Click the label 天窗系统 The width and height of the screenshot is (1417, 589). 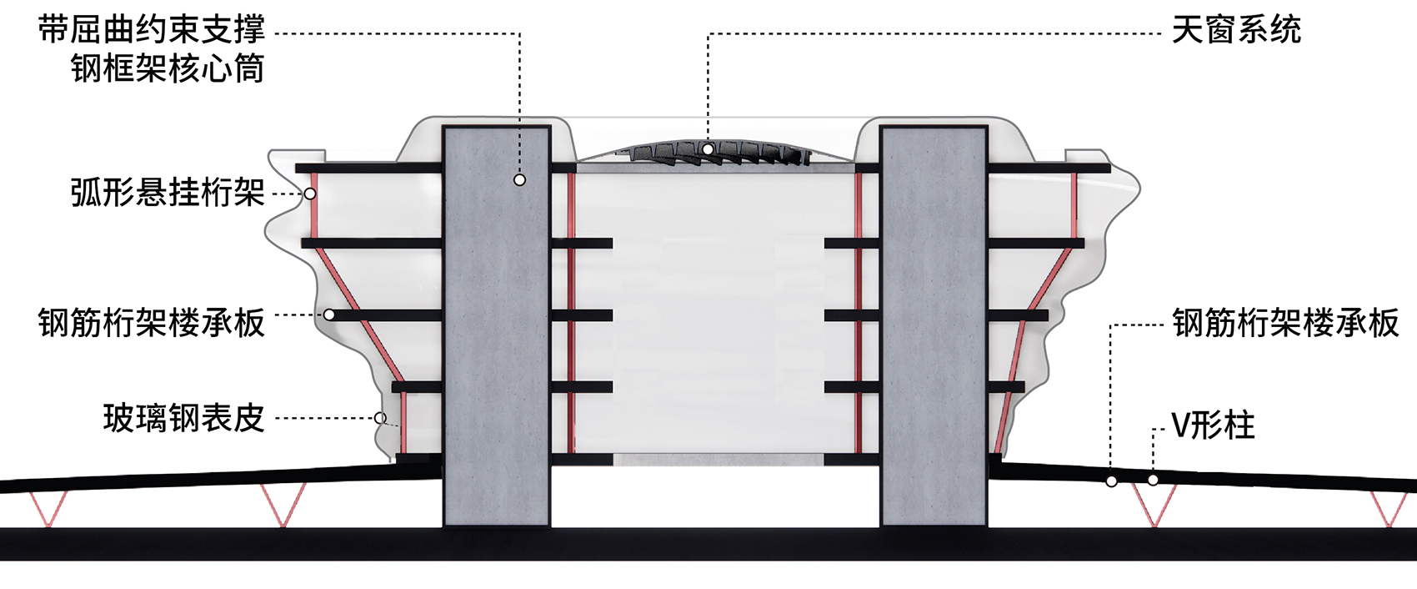point(1237,30)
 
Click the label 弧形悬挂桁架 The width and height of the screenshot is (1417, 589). point(168,193)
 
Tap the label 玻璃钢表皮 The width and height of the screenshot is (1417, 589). point(184,419)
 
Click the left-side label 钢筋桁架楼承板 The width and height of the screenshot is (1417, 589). point(152,322)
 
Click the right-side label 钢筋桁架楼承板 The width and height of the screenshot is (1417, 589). point(1285,322)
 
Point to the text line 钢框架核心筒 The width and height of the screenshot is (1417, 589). point(168,68)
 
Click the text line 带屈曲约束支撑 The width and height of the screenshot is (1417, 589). point(152,30)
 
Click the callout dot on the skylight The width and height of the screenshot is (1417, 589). point(708,149)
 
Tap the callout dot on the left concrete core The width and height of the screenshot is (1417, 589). point(519,180)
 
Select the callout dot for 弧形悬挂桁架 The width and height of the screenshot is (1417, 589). point(310,194)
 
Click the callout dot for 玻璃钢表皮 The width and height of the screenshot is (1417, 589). point(379,418)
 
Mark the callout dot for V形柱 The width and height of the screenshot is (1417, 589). point(1154,480)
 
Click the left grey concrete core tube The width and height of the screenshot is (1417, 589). point(497,326)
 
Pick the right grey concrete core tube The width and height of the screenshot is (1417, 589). point(934,326)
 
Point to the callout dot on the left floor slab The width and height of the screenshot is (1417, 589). point(329,315)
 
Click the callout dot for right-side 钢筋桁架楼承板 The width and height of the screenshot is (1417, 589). point(1111,481)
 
